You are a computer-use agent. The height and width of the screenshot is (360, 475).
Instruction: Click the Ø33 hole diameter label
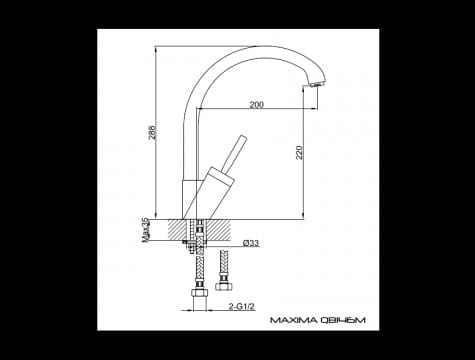click(x=250, y=243)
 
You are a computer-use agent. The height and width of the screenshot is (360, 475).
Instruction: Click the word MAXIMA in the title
click(x=291, y=322)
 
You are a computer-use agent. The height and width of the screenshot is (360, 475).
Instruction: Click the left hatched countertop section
click(x=174, y=229)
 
